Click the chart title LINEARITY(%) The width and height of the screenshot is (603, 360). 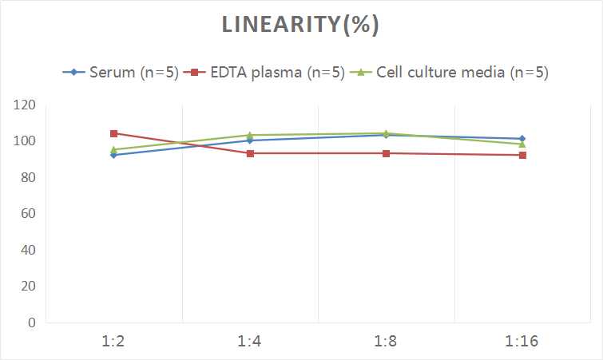[300, 25]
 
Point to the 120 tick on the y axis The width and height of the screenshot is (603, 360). [25, 105]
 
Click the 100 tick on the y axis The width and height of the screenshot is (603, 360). [25, 141]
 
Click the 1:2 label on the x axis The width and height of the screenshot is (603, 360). [114, 341]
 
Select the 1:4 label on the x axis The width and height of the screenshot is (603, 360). [250, 341]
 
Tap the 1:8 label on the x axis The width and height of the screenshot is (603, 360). [386, 341]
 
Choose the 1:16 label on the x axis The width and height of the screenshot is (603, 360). [522, 341]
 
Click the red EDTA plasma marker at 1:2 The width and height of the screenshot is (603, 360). [114, 133]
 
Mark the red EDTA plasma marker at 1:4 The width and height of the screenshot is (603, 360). [250, 153]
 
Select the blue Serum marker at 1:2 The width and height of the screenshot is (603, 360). [114, 155]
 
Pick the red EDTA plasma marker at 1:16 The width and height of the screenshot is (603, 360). [522, 155]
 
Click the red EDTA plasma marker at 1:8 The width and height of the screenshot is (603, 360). [386, 153]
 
